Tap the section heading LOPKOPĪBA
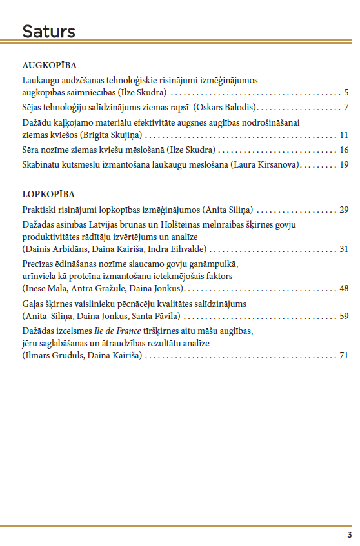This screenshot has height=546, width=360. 48,194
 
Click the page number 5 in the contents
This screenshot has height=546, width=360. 346,92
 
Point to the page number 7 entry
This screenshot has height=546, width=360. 346,107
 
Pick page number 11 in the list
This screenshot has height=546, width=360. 344,135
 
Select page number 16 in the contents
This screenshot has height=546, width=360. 344,150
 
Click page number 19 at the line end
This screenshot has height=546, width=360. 344,164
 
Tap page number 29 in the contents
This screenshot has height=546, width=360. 344,210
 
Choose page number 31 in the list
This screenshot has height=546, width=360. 344,249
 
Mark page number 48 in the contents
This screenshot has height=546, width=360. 344,288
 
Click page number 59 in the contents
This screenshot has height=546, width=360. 344,316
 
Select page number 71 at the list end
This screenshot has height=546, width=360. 344,355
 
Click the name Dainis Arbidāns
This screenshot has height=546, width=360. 54,249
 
